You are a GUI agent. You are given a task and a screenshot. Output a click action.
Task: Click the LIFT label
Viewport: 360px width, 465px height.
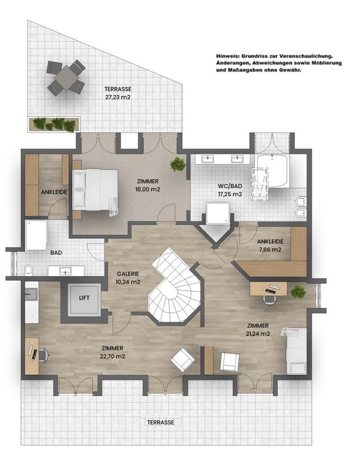84,298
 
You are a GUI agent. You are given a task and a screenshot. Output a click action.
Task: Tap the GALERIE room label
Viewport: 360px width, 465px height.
128,274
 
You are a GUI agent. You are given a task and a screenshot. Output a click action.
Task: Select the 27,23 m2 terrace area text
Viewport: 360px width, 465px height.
118,96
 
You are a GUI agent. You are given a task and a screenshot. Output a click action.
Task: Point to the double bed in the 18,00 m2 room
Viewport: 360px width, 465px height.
95,190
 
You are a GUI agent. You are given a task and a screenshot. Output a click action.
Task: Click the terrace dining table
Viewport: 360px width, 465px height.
66,77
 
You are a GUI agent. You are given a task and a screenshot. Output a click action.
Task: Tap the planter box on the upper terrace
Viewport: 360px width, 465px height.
54,124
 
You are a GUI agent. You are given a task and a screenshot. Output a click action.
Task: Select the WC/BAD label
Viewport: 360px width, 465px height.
230,186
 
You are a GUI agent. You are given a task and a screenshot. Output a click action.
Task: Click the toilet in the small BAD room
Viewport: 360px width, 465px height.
28,270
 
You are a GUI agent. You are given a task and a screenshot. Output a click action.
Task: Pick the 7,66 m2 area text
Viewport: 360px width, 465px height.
270,250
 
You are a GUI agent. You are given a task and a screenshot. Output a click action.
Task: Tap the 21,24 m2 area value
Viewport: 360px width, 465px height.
258,334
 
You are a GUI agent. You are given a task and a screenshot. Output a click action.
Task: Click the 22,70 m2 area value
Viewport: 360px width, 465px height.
112,356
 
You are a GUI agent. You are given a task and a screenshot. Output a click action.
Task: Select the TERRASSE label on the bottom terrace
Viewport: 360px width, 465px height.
161,423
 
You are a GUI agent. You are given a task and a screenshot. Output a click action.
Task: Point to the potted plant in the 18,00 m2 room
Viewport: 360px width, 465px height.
178,164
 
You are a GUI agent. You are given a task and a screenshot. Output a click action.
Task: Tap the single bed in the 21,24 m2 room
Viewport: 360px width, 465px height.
295,351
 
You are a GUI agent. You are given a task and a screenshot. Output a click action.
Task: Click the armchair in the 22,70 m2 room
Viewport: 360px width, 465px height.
183,359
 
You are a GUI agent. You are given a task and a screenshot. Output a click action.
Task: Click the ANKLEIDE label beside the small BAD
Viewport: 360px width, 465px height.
54,192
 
